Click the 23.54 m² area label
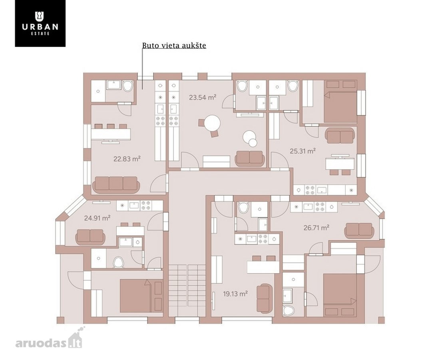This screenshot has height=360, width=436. click(203, 98)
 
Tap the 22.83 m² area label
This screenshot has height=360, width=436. click(127, 159)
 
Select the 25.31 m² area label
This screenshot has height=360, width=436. click(303, 151)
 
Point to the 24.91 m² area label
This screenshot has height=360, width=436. click(98, 218)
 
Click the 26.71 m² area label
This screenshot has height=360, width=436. click(317, 228)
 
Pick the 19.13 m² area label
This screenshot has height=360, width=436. click(235, 294)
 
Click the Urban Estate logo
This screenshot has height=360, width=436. click(40, 23)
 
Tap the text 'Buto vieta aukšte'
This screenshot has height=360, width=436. click(174, 45)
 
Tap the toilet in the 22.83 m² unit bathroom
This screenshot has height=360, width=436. click(128, 86)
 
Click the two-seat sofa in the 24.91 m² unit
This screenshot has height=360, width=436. click(90, 236)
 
